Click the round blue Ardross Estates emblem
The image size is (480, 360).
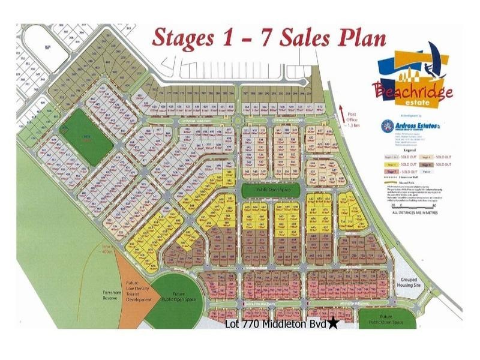[388, 125]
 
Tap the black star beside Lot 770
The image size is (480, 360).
[334, 325]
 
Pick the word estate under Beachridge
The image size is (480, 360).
[416, 103]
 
